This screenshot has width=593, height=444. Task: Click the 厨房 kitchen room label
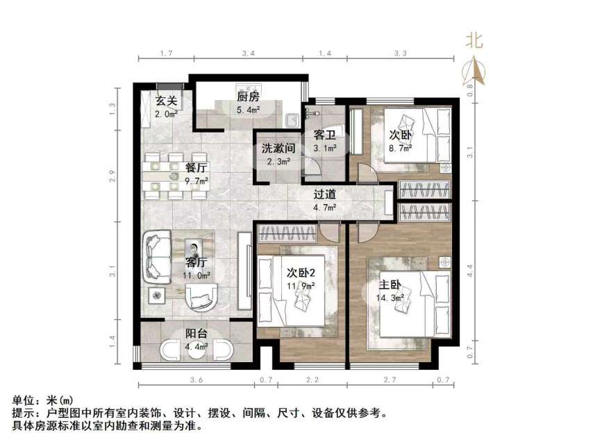tap(247, 97)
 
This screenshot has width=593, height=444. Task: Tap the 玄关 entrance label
tap(166, 101)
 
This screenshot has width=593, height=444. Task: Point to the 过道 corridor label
tap(324, 195)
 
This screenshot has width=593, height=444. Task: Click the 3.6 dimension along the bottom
tap(197, 379)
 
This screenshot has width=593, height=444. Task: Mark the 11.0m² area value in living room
tap(196, 275)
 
